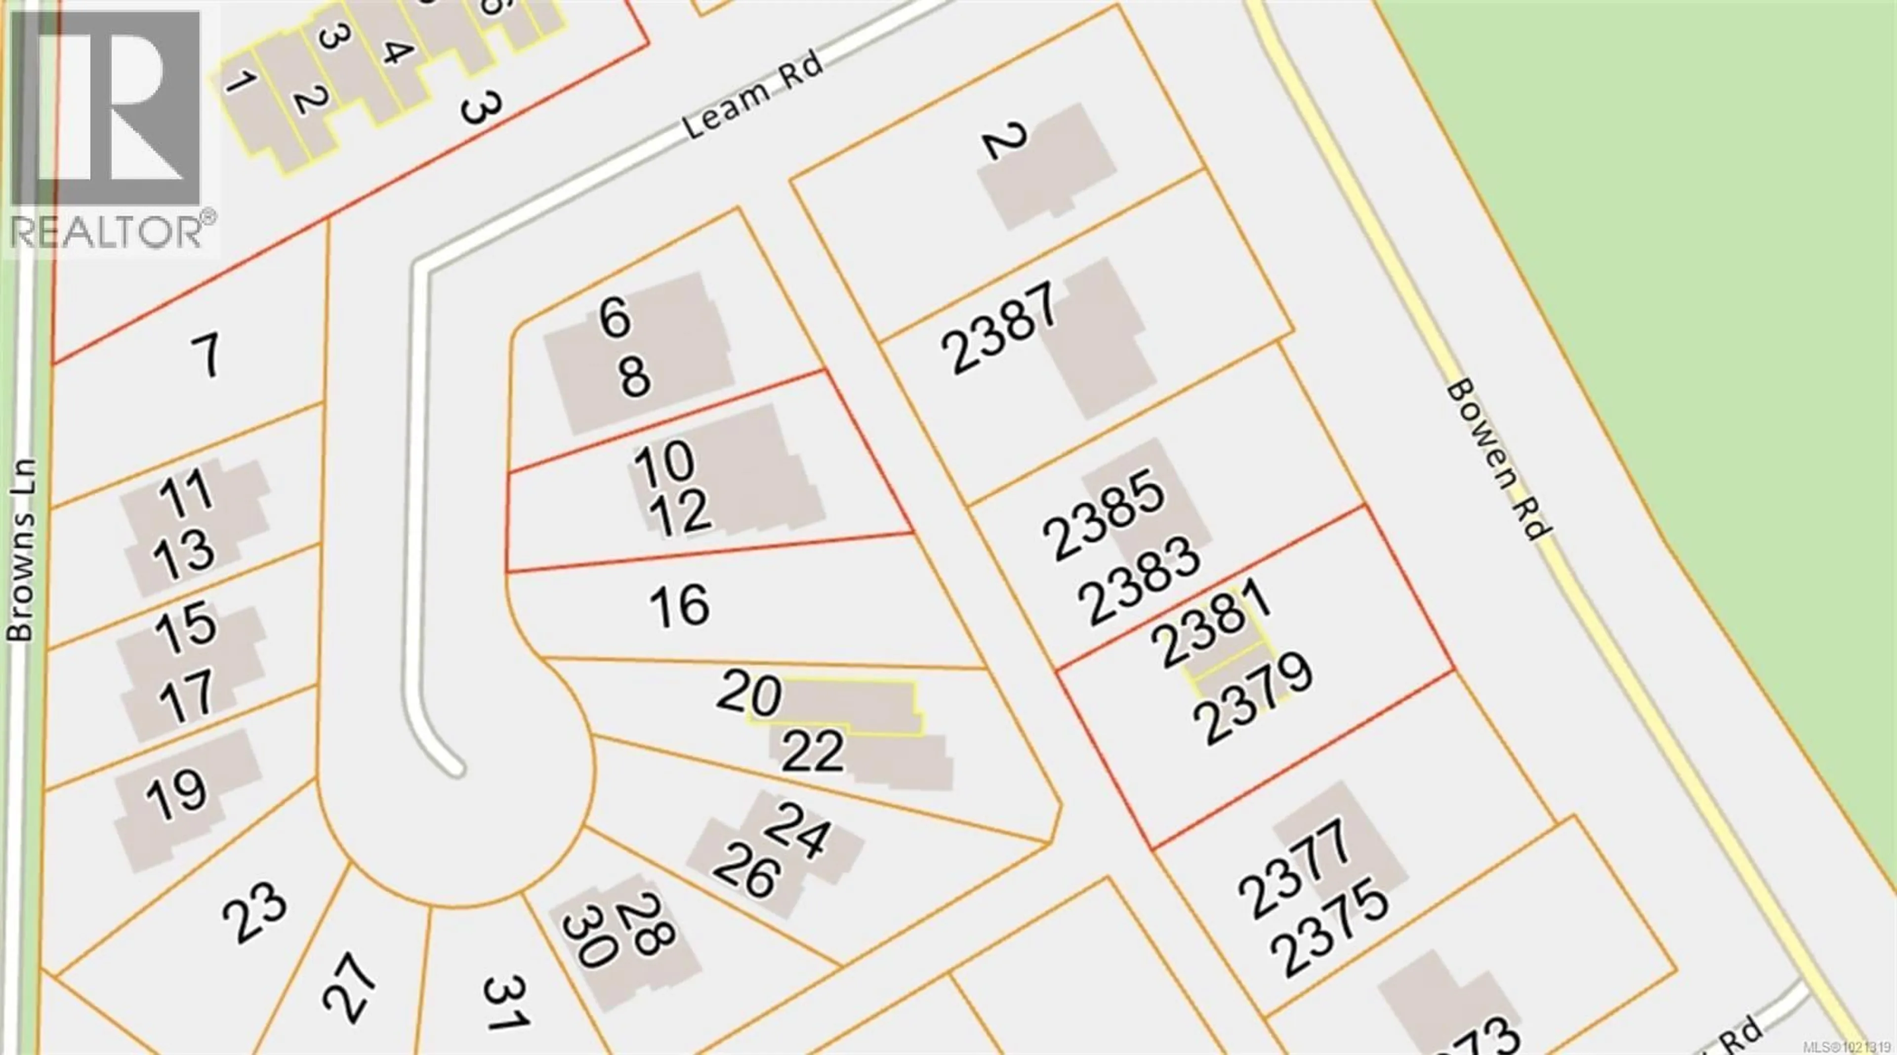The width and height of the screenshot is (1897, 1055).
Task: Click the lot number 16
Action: pos(679,605)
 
